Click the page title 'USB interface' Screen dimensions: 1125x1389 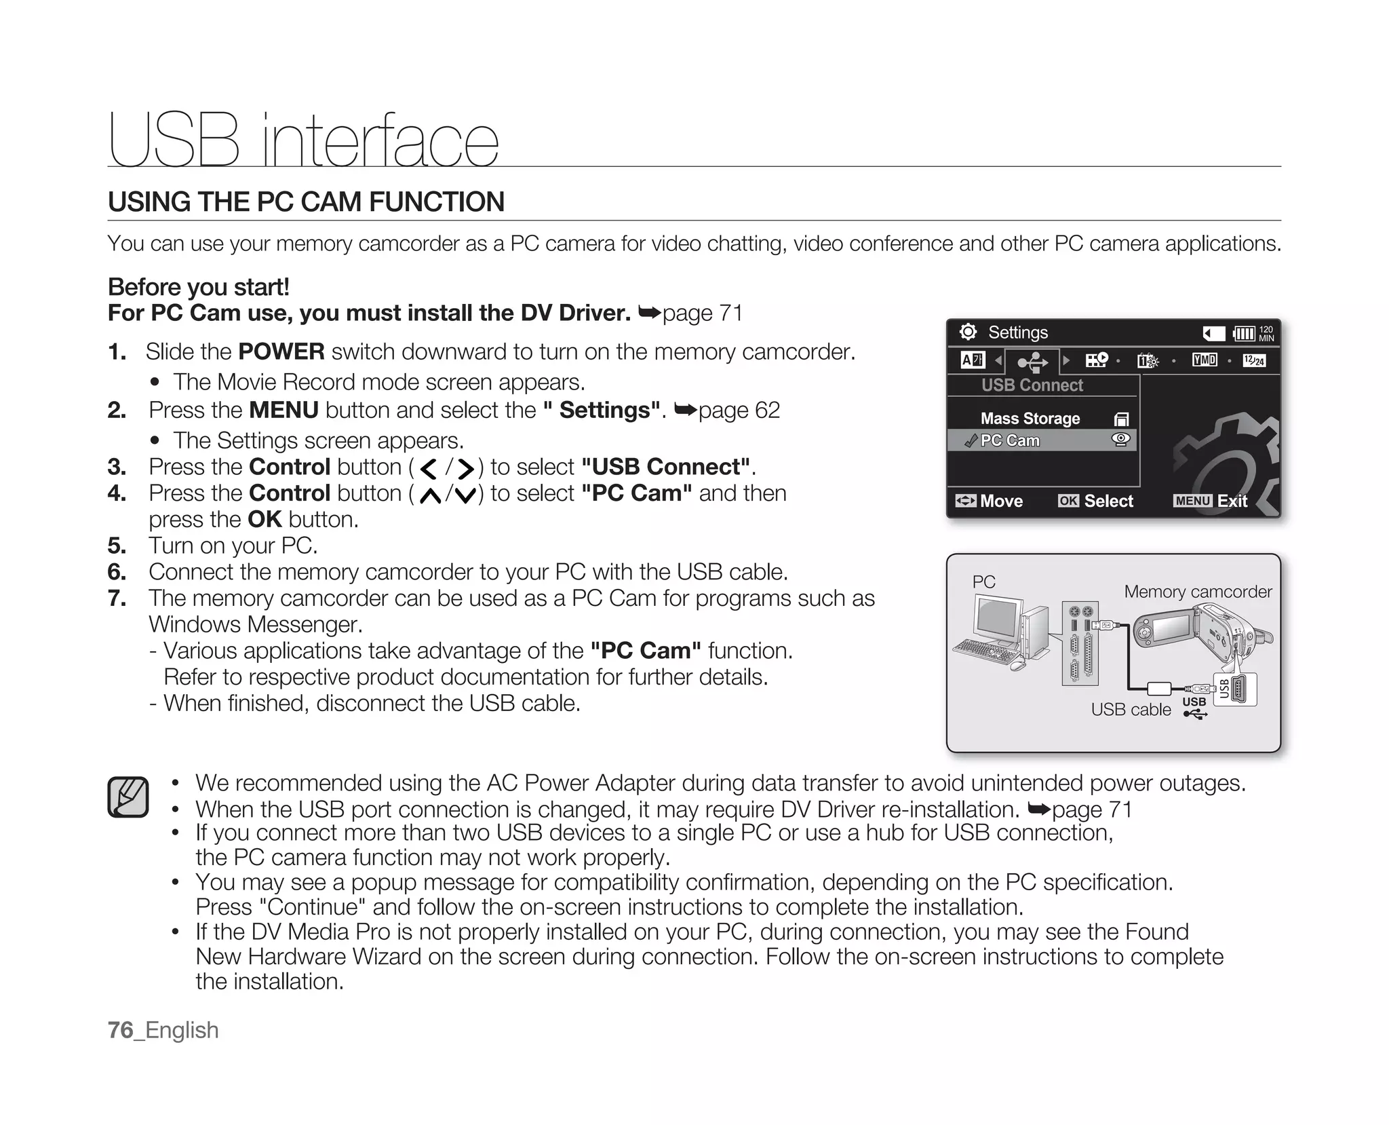pos(303,140)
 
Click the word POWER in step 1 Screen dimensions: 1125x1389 pos(281,351)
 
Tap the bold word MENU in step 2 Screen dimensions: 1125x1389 pos(283,410)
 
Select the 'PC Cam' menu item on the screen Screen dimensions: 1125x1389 pos(1010,440)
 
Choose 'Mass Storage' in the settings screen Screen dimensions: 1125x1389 pos(1030,419)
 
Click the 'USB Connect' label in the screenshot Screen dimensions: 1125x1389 pos(1032,385)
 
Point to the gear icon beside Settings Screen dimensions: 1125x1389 pos(968,332)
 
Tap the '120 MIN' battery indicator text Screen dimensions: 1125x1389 pos(1266,333)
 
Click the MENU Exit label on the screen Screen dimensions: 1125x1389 pos(1210,501)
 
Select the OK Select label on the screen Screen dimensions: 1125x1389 pos(1095,501)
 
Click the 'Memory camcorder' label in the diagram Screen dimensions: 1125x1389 pos(1197,592)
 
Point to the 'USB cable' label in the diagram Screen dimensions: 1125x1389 pos(1131,709)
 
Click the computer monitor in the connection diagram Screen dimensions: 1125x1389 pos(998,617)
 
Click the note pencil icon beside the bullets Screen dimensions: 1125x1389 pos(128,797)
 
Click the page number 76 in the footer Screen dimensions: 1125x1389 pos(121,1030)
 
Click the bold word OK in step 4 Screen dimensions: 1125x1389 pos(265,519)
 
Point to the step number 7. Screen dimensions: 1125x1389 pos(116,598)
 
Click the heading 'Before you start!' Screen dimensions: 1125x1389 pos(199,287)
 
